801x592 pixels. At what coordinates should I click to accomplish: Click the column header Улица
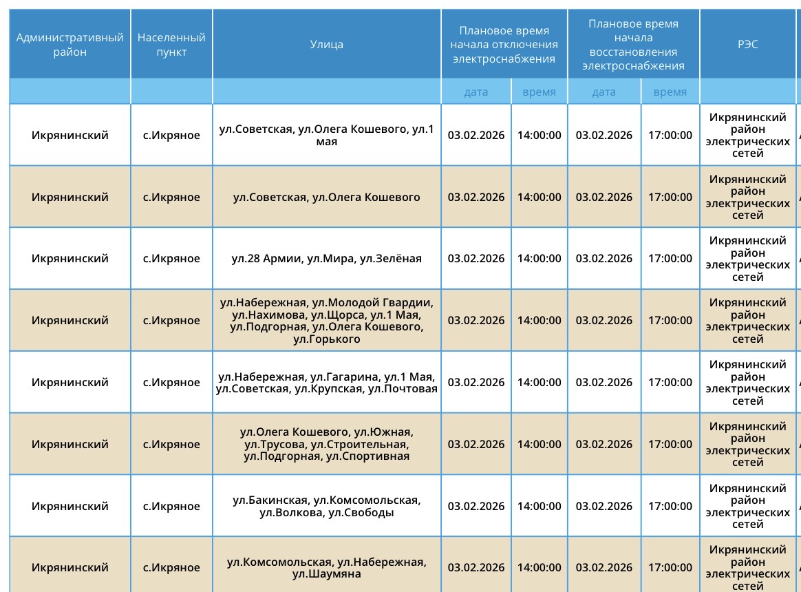pyautogui.click(x=326, y=44)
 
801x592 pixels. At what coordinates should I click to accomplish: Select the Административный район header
pyautogui.click(x=70, y=44)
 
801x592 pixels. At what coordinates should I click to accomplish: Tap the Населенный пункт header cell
pyautogui.click(x=171, y=44)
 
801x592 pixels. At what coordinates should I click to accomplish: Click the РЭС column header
pyautogui.click(x=747, y=44)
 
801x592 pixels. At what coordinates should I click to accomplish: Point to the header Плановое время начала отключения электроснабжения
pyautogui.click(x=504, y=44)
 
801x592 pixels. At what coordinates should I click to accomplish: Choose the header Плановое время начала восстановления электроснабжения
pyautogui.click(x=633, y=44)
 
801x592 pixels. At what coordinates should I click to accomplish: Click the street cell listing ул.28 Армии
pyautogui.click(x=326, y=259)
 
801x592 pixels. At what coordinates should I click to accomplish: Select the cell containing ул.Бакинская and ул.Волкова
pyautogui.click(x=326, y=506)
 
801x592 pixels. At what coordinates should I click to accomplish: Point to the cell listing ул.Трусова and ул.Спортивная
pyautogui.click(x=326, y=444)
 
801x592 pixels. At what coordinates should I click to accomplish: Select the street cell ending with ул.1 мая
pyautogui.click(x=326, y=136)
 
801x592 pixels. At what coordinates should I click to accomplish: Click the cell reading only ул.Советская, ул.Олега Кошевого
pyautogui.click(x=326, y=198)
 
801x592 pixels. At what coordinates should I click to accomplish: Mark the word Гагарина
pyautogui.click(x=352, y=377)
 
